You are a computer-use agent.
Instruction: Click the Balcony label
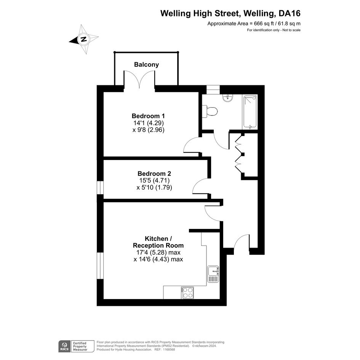[147, 64]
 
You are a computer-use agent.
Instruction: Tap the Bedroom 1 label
[148, 116]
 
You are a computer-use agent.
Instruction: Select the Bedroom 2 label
[154, 173]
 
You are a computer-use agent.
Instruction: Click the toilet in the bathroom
[210, 112]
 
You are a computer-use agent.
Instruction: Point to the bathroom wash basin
[228, 98]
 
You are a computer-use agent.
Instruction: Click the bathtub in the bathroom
[250, 112]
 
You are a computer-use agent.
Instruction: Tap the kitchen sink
[213, 274]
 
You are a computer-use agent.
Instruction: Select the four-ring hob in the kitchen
[187, 293]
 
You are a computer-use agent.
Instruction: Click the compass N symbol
[84, 39]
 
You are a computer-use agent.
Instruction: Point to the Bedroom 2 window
[100, 188]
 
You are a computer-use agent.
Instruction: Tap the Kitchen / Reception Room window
[100, 266]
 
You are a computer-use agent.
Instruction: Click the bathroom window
[213, 90]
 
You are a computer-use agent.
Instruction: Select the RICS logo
[64, 346]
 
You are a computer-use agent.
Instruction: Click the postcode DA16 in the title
[289, 13]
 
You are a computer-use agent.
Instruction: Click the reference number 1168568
[169, 349]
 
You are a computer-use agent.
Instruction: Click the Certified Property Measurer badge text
[80, 346]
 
